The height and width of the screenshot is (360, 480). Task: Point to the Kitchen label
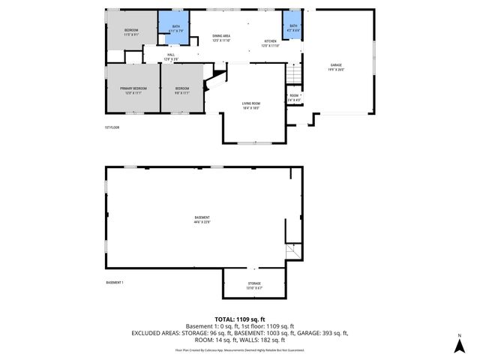click(270, 43)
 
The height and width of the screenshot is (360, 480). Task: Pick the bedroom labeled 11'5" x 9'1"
click(131, 32)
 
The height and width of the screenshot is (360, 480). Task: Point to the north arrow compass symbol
click(458, 346)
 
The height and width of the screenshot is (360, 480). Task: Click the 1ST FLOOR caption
click(112, 127)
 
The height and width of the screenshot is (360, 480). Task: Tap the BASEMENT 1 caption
click(115, 282)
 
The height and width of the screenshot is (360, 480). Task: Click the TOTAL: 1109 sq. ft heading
click(239, 320)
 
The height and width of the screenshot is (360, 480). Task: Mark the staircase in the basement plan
click(292, 253)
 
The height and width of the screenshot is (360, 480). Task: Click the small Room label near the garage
click(294, 97)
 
